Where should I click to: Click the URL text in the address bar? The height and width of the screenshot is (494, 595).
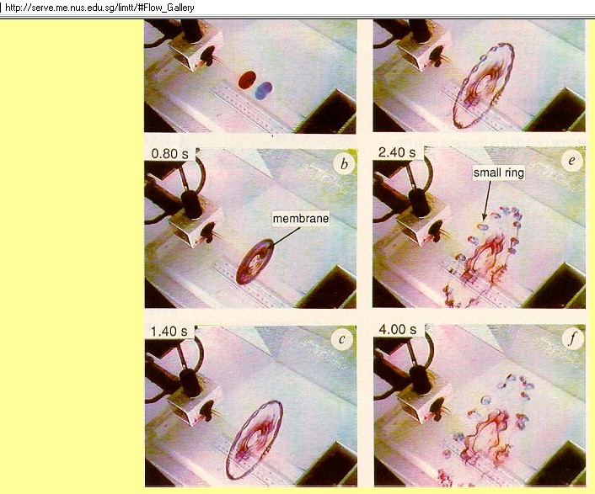99,8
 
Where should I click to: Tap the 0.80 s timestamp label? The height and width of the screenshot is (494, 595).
169,154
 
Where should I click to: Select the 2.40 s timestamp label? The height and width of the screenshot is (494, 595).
397,152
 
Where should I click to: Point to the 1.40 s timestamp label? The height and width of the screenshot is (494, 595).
169,332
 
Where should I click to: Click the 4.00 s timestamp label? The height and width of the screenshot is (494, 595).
397,329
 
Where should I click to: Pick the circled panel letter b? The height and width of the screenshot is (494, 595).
344,163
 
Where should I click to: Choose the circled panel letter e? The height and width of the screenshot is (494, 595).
572,161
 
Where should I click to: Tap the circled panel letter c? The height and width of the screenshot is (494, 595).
342,339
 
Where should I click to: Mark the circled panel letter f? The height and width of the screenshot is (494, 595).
572,338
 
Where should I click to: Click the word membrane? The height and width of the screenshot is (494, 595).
301,219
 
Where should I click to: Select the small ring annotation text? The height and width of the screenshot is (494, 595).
499,173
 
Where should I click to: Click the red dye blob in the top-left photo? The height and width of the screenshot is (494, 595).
247,80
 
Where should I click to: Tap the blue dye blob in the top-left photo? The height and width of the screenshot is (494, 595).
263,91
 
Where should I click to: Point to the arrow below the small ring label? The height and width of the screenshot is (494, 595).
486,200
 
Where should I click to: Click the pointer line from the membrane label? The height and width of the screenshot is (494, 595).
287,236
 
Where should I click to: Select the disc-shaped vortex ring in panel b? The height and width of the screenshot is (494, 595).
255,262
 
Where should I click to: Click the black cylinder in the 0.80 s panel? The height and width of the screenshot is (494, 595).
192,205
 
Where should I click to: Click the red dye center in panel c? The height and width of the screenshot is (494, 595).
252,438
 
